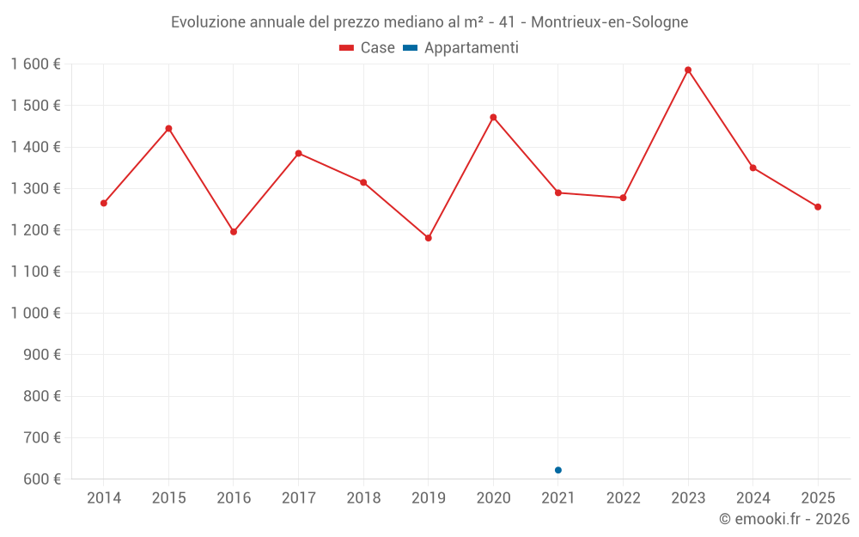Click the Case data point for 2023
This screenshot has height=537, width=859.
(688, 70)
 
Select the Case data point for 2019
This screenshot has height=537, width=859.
(429, 238)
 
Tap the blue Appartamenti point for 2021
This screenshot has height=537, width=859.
(558, 470)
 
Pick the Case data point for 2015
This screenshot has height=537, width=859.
(168, 129)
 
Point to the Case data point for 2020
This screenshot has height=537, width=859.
(493, 117)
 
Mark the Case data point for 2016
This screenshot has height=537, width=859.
(234, 232)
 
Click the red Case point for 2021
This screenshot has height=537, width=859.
(558, 192)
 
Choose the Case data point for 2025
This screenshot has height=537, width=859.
(818, 207)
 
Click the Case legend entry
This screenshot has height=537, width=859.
(368, 48)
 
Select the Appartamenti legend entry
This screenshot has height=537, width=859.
(461, 48)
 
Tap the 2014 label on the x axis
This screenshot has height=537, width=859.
(104, 497)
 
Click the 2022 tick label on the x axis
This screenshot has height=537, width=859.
(623, 497)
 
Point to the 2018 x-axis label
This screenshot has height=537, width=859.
(363, 497)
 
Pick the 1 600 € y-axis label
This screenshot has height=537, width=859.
(36, 64)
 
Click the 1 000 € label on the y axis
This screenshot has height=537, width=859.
(36, 314)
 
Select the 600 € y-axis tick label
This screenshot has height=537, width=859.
(40, 479)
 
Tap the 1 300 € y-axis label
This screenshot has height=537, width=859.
(36, 189)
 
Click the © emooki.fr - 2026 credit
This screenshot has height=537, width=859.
(783, 519)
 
